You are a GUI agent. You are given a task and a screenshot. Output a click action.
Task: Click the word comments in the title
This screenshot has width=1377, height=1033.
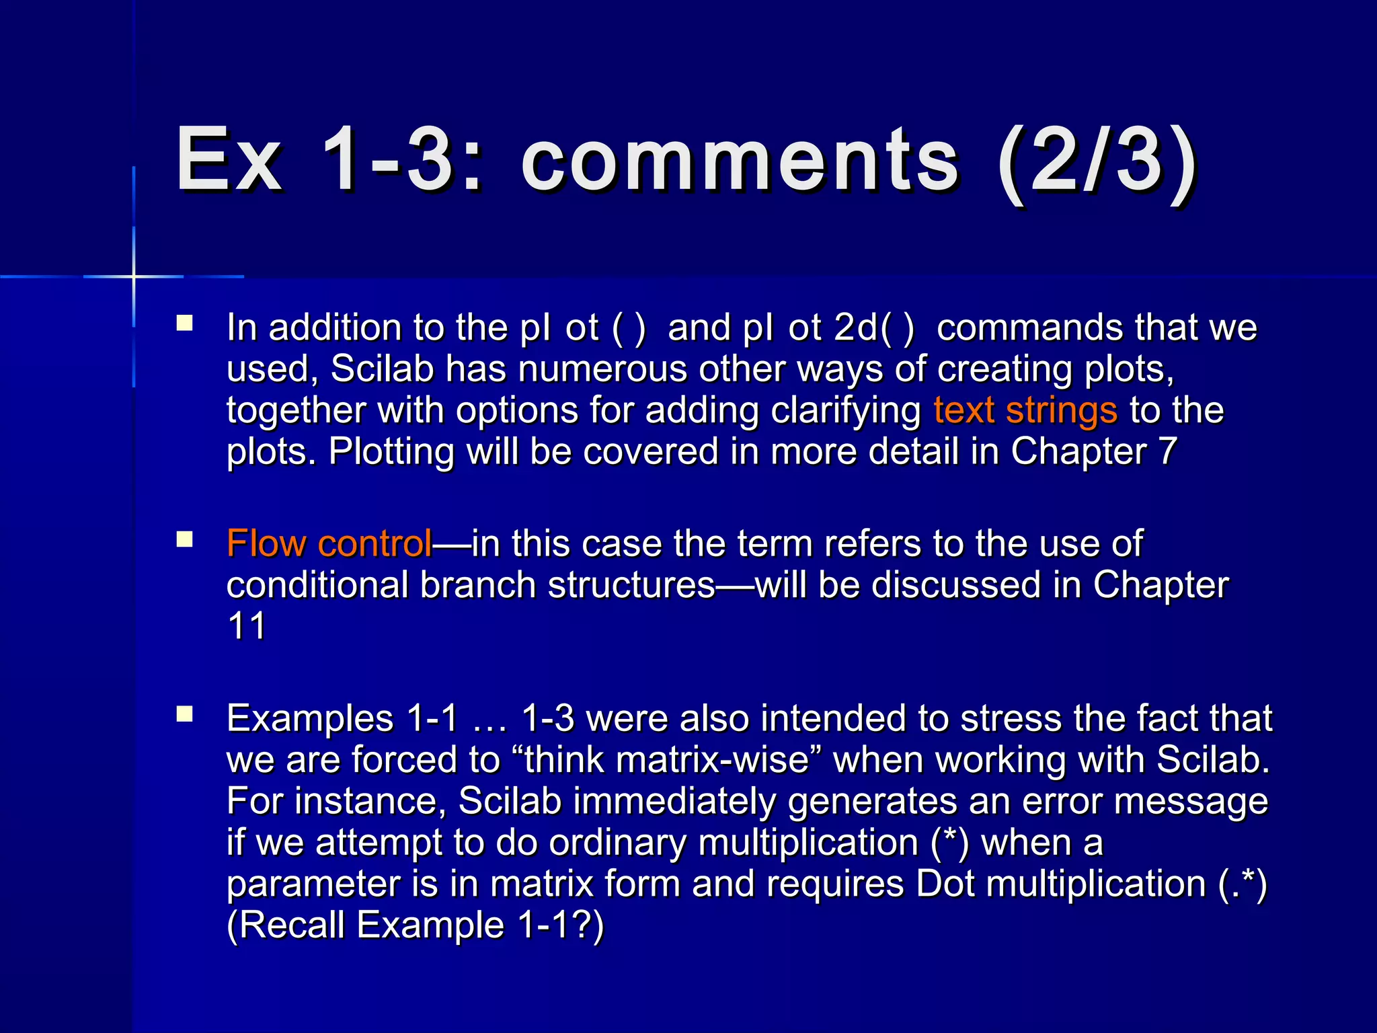pyautogui.click(x=740, y=161)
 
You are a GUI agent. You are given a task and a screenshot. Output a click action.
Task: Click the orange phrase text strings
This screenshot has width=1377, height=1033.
pyautogui.click(x=1025, y=410)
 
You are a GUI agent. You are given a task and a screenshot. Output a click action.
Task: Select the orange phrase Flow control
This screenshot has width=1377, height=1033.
pyautogui.click(x=329, y=543)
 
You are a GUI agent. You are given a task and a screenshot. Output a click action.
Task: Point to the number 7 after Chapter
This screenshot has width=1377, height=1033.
pyautogui.click(x=1167, y=451)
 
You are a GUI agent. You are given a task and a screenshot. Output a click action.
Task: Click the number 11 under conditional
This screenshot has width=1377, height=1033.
pyautogui.click(x=247, y=626)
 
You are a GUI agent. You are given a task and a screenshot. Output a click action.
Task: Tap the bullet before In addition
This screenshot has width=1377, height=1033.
pyautogui.click(x=185, y=324)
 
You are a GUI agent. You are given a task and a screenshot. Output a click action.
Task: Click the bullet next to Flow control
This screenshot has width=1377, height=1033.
pyautogui.click(x=185, y=540)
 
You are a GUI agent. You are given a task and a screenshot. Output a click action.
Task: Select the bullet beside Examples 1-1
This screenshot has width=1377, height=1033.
pyautogui.click(x=185, y=715)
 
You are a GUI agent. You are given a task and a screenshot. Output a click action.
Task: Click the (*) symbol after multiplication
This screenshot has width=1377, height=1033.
pyautogui.click(x=950, y=843)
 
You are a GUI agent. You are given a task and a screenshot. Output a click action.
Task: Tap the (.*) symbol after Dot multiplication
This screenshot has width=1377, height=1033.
pyautogui.click(x=1243, y=884)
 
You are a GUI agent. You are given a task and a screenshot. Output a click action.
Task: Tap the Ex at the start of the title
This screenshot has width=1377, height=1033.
pyautogui.click(x=229, y=161)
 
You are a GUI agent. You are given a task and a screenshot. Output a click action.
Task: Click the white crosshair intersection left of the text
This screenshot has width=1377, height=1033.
pyautogui.click(x=134, y=276)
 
